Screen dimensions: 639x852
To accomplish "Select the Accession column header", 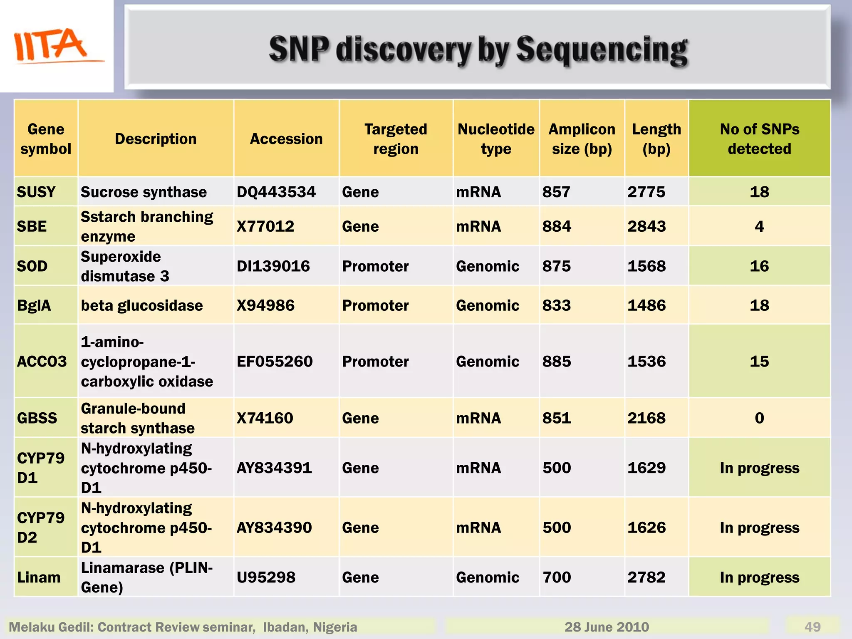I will point(286,139).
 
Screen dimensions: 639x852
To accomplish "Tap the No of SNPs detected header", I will point(759,139).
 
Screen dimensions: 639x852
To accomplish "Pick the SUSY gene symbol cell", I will point(36,192).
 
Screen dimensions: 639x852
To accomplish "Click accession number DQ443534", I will point(276,192).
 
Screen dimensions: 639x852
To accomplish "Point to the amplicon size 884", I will point(557,226).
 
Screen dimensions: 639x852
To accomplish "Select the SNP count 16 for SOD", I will point(759,266).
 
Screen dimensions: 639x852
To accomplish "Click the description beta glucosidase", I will point(142,306).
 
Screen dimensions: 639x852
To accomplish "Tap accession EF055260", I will point(275,362).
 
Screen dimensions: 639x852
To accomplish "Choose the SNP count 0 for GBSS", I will point(759,418).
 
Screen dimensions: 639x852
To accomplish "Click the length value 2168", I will point(646,418).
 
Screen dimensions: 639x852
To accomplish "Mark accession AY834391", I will point(274,468).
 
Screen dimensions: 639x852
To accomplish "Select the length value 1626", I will point(646,528).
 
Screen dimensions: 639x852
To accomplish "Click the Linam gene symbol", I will point(39,577).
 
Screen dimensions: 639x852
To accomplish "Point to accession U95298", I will point(266,577).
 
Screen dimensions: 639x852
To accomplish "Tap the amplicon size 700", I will point(557,577).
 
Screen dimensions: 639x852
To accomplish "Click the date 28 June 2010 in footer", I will point(607,627).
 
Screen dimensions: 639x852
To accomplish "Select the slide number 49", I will point(812,627).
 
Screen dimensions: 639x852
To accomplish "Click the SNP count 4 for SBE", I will point(759,226).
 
